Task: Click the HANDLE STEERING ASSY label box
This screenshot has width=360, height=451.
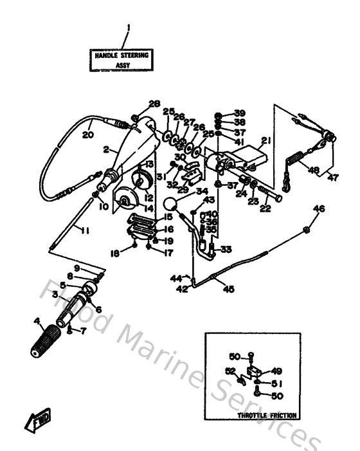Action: coord(122,60)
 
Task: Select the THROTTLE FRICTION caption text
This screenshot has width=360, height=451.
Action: coord(267,416)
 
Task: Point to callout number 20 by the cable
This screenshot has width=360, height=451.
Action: coord(87,136)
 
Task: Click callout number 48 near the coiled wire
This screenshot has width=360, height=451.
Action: coord(313,170)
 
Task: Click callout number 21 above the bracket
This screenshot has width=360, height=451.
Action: coord(266,141)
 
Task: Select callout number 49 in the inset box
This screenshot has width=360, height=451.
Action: coord(277,370)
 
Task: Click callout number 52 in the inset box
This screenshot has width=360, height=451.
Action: coord(230,371)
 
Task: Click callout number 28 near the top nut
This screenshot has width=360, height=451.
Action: coord(153,104)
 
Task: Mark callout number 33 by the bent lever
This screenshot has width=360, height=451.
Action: coord(226,250)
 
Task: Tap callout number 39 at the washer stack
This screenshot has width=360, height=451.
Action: coord(239,112)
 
